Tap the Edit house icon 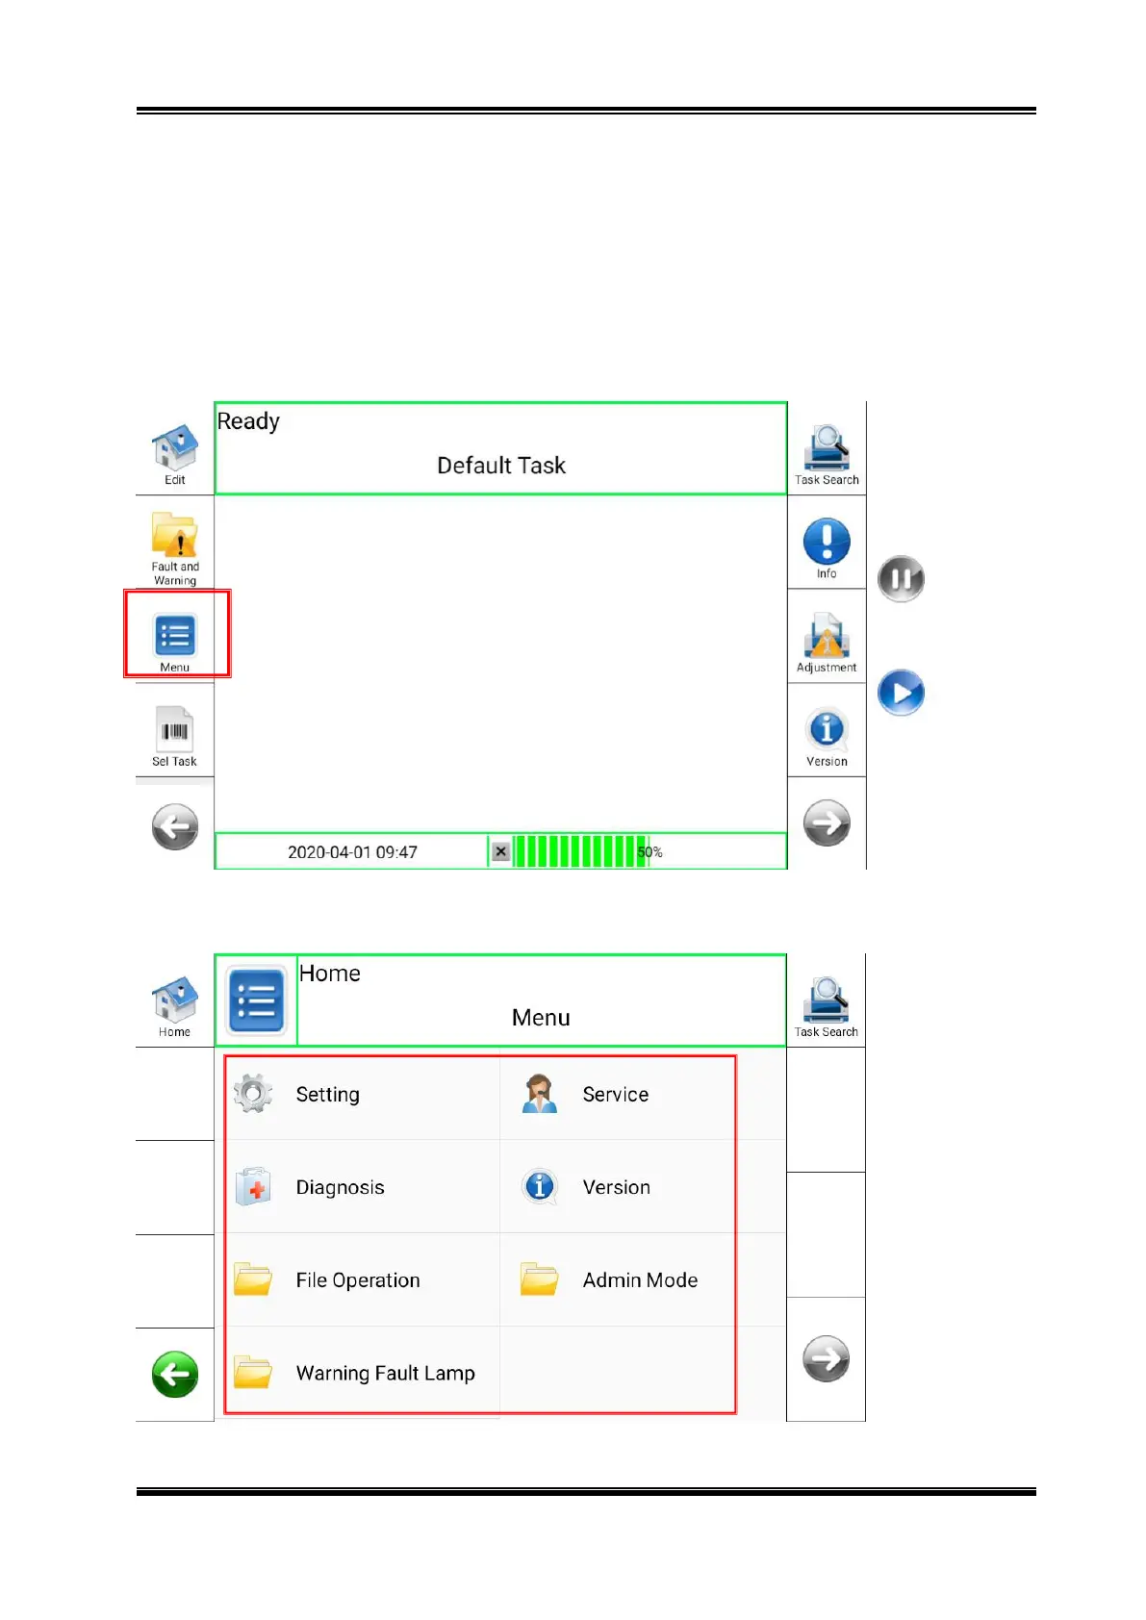[174, 447]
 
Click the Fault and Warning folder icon [174, 535]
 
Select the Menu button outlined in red [175, 636]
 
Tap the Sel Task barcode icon [174, 730]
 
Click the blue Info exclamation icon [827, 541]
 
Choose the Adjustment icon [827, 636]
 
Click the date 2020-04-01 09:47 [352, 852]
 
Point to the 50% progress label [650, 852]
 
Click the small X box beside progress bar [500, 851]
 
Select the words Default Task [501, 466]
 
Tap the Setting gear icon [253, 1094]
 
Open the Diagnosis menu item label [340, 1188]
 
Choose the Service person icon [540, 1094]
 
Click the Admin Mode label [640, 1280]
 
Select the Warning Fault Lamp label [385, 1374]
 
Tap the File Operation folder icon [253, 1279]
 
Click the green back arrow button [175, 1374]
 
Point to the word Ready [248, 421]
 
